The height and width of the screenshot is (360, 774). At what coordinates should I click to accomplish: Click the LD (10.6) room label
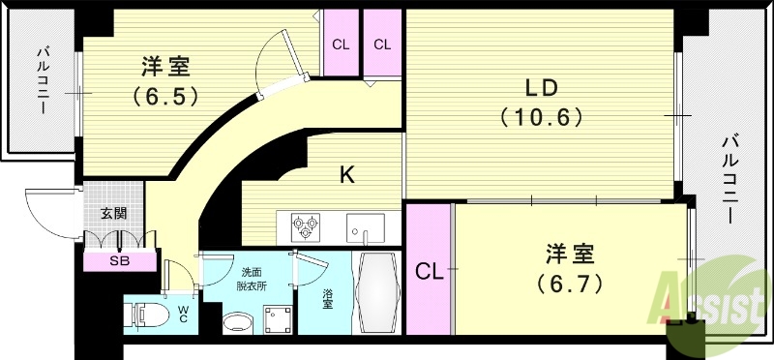click(x=541, y=103)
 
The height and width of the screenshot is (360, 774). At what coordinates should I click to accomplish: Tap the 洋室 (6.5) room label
click(x=164, y=81)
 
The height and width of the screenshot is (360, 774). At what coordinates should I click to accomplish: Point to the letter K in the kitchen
click(x=345, y=175)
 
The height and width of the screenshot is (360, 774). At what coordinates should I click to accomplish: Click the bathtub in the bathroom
click(x=377, y=292)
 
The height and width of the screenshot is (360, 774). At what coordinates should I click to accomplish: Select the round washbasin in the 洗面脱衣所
click(x=235, y=320)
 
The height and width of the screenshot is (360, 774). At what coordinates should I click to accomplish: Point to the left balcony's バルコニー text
click(x=44, y=81)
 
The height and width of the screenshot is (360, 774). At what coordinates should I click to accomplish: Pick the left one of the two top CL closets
click(x=341, y=44)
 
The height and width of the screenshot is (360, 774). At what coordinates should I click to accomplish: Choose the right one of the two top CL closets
click(x=382, y=44)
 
